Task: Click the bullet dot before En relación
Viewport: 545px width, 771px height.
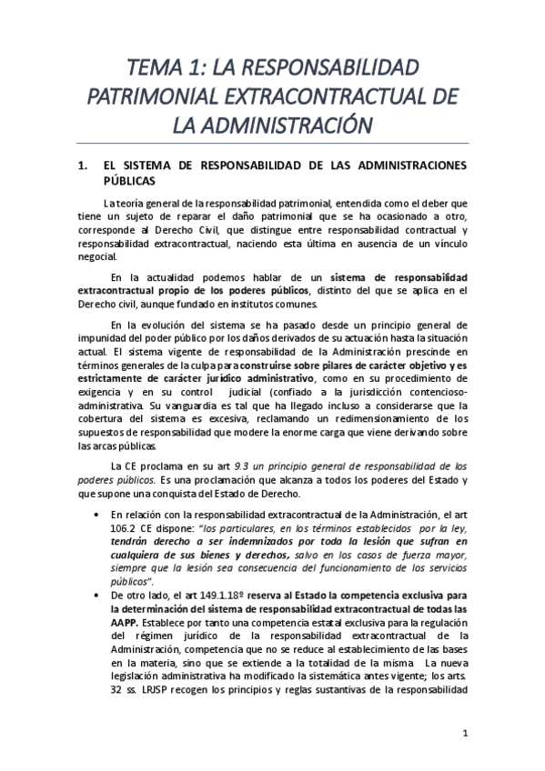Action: click(110, 515)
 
